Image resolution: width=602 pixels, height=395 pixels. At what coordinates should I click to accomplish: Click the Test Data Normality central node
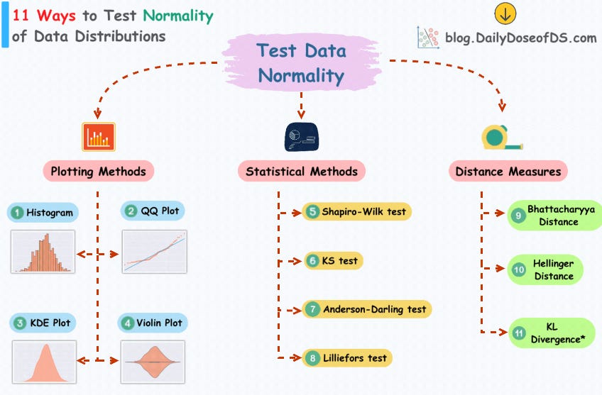tap(301, 62)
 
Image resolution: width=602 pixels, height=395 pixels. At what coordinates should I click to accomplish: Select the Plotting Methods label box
tap(99, 171)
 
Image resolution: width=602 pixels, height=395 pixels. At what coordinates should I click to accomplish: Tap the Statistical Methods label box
tap(301, 171)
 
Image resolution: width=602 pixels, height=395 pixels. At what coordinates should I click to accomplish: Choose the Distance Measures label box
tap(508, 171)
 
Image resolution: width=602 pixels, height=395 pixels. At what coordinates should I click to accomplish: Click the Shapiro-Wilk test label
tap(357, 211)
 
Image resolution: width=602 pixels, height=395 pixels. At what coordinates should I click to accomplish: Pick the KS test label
tap(333, 260)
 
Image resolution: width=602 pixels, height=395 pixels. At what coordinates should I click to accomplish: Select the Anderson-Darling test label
tap(367, 309)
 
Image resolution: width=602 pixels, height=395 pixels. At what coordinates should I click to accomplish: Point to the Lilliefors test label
tap(347, 357)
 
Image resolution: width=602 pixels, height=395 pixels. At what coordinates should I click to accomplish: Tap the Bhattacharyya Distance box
tap(553, 215)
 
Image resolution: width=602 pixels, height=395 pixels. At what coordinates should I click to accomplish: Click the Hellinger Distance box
tap(545, 269)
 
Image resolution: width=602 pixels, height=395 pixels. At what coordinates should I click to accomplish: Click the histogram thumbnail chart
tap(43, 251)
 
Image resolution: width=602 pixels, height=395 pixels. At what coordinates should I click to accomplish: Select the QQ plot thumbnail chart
tap(155, 252)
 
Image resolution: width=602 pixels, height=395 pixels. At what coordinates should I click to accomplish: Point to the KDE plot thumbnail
tap(44, 362)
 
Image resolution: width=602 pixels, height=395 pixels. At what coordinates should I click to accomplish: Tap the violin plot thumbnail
tap(153, 362)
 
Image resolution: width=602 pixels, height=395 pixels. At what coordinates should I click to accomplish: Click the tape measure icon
tap(502, 136)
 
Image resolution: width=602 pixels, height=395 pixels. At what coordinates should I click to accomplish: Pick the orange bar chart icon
tap(99, 136)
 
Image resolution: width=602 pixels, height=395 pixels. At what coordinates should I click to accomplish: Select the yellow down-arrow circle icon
tap(505, 13)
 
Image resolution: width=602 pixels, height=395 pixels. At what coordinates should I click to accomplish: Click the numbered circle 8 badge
tap(312, 358)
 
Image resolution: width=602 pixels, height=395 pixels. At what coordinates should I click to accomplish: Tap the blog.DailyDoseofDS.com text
tap(521, 38)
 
